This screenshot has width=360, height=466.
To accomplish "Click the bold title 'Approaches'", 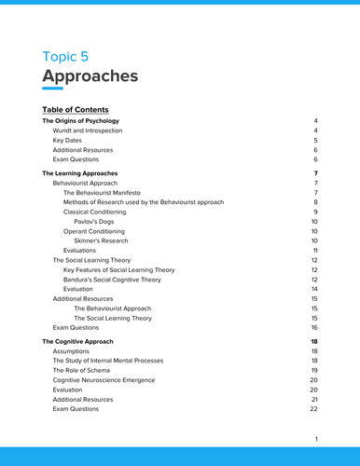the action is click(90, 75).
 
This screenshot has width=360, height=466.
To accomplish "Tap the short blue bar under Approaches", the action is click(52, 89).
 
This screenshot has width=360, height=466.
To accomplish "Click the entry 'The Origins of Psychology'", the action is click(80, 122).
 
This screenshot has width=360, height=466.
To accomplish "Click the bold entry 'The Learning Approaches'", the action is click(79, 173).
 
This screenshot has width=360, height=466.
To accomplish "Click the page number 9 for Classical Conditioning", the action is click(315, 212).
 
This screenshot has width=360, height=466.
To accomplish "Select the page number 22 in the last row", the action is click(313, 409).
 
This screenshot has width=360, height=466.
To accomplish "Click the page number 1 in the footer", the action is click(316, 439).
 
